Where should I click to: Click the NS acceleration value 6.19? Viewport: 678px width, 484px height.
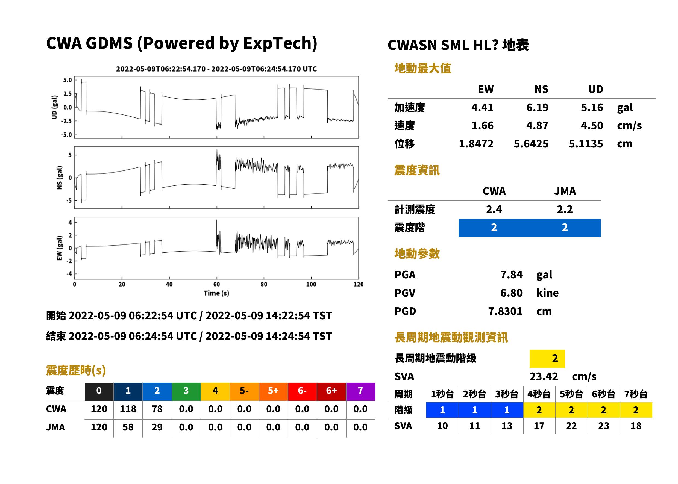[x=537, y=107]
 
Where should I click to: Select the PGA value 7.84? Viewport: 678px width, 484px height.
[x=511, y=275]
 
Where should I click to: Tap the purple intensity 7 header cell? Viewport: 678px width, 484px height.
[x=360, y=391]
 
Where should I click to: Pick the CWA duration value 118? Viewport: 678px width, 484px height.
[x=128, y=409]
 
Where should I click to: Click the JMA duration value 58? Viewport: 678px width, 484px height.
[x=128, y=427]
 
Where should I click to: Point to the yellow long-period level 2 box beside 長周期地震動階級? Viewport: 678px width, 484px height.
[x=547, y=358]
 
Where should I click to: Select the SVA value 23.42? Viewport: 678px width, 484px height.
[x=544, y=376]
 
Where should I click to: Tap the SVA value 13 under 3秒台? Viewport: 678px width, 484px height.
[x=507, y=426]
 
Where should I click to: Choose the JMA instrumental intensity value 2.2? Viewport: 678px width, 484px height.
[x=565, y=209]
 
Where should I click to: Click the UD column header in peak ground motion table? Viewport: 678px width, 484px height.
[x=595, y=89]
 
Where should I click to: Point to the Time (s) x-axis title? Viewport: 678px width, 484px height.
[x=216, y=293]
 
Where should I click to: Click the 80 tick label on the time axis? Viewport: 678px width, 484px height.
[x=264, y=284]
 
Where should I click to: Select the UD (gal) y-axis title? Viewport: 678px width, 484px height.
[x=54, y=107]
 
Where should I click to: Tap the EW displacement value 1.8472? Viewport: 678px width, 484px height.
[x=476, y=144]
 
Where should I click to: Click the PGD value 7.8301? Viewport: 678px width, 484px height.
[x=505, y=311]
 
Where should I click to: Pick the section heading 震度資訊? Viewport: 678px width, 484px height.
[x=417, y=170]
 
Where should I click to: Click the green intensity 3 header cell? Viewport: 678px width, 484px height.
[x=186, y=391]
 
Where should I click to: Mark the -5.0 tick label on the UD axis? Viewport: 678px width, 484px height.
[x=66, y=135]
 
